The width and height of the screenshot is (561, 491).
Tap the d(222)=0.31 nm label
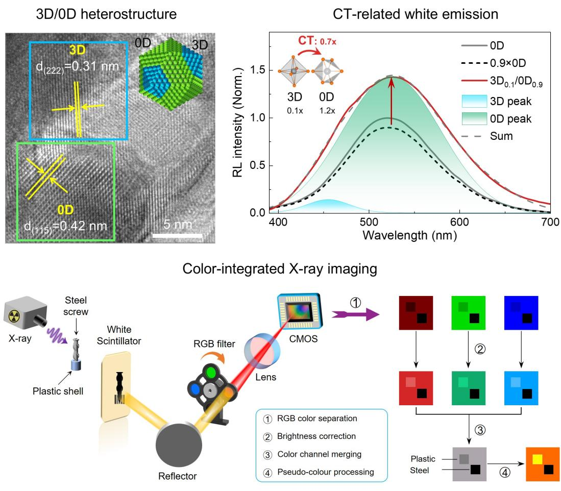click(77, 67)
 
